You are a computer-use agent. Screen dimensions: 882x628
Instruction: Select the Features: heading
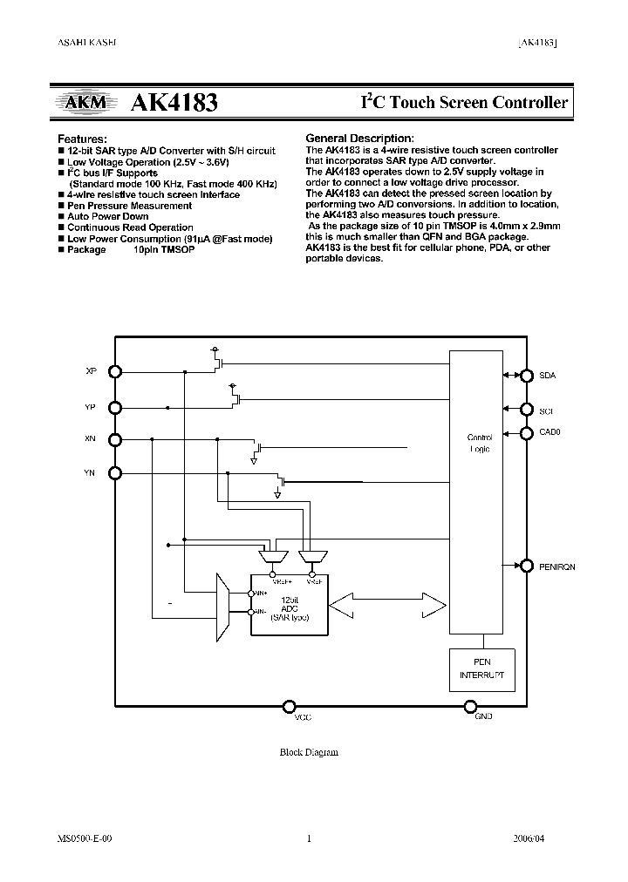(82, 139)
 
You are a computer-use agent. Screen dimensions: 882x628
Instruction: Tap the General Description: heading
(359, 139)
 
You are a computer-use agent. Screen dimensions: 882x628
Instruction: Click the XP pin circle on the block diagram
(115, 371)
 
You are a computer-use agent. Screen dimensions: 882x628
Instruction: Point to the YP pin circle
(115, 406)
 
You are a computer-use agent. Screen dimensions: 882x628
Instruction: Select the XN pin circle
(115, 439)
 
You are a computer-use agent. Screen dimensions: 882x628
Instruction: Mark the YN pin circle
(115, 473)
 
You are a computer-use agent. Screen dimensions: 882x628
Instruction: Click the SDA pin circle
(526, 376)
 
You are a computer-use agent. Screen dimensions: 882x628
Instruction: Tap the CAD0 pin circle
(526, 431)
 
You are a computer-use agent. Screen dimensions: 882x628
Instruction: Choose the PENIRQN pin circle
(526, 565)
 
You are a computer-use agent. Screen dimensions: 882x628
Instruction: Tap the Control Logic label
(480, 443)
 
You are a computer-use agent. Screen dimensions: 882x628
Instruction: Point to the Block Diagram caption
(309, 752)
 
